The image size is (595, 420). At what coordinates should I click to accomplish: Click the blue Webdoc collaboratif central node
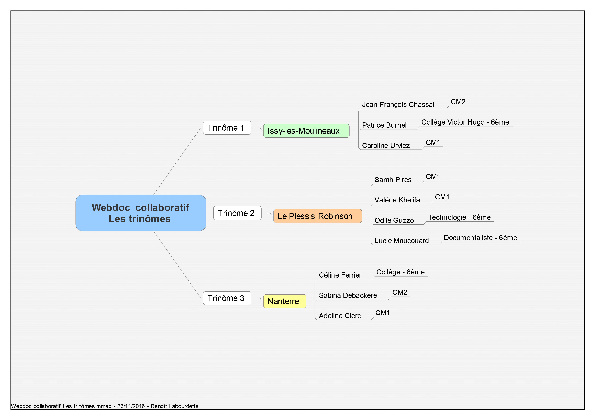click(x=141, y=213)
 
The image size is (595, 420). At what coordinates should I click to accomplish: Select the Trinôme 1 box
click(x=227, y=128)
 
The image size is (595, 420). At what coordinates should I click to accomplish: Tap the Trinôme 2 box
click(x=237, y=213)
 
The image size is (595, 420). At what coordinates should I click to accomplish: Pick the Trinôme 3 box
click(x=227, y=298)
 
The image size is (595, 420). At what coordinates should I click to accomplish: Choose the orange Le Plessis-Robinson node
click(x=318, y=216)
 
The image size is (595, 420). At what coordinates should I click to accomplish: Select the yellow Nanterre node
click(x=285, y=301)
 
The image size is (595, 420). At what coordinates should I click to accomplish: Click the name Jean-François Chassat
click(x=398, y=105)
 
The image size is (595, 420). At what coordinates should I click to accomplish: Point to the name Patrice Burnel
click(x=384, y=125)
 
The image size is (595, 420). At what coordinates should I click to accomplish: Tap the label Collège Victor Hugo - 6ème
click(x=465, y=122)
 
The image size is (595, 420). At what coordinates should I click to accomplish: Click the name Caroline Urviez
click(x=386, y=145)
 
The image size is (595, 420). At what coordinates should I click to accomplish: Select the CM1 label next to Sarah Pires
click(x=433, y=177)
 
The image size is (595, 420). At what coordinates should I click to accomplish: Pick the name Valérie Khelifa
click(x=397, y=200)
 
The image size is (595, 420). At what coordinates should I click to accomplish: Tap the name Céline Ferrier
click(x=340, y=275)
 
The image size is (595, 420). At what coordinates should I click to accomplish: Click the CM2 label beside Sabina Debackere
click(x=400, y=292)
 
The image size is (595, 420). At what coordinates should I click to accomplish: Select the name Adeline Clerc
click(x=340, y=316)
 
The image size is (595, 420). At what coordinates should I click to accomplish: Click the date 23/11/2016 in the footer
click(x=131, y=406)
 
